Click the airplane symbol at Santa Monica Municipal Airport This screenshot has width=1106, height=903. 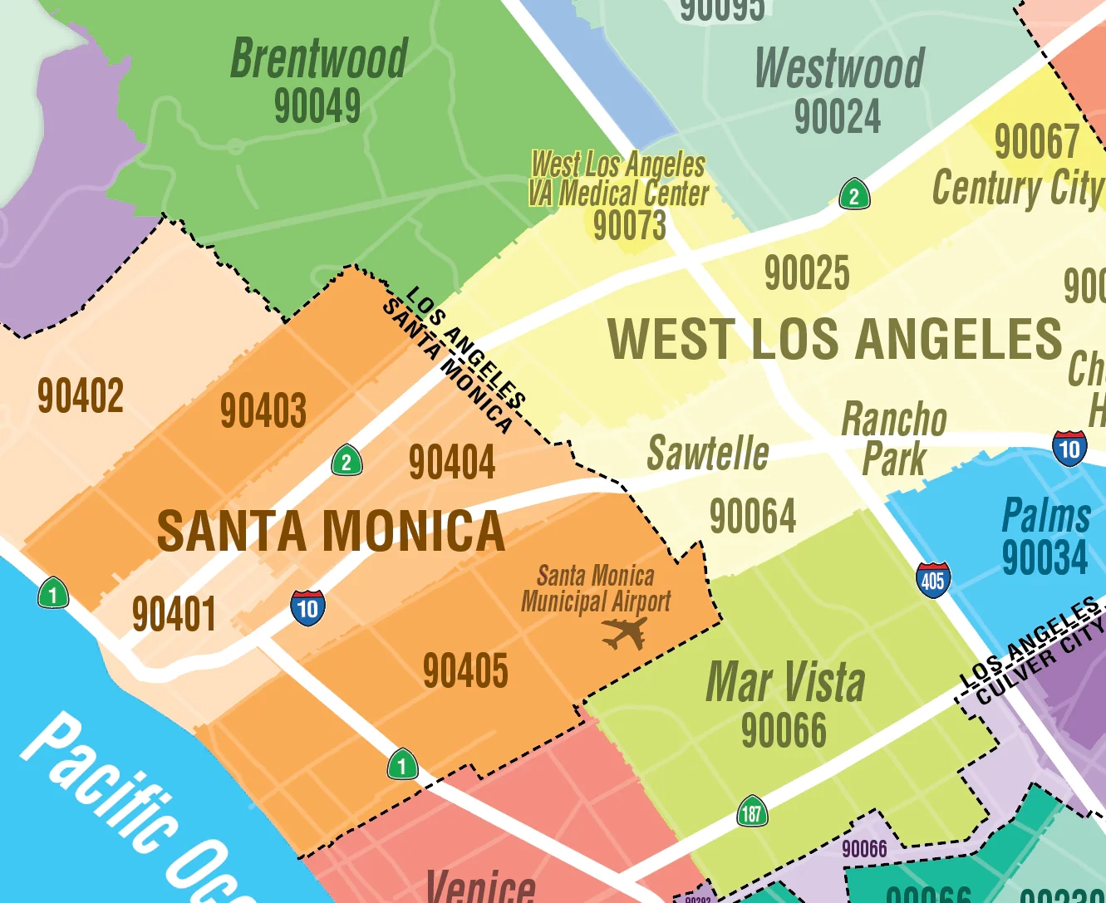click(x=624, y=634)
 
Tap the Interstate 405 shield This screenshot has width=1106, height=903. click(x=932, y=580)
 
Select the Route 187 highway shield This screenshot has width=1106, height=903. click(x=752, y=812)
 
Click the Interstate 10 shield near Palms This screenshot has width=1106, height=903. click(x=1069, y=449)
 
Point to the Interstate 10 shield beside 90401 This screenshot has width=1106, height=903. click(x=307, y=608)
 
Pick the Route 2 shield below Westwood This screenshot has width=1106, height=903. click(x=854, y=195)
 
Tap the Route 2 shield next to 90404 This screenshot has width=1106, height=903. click(x=347, y=461)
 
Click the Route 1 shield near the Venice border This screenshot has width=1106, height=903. click(x=403, y=764)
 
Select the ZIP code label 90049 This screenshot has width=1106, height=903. click(x=317, y=106)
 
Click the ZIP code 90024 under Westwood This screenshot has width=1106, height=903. click(x=838, y=116)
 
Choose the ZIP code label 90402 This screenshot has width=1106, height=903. click(x=81, y=395)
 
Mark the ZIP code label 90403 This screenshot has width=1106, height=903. click(x=263, y=410)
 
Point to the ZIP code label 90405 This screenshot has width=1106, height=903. click(x=465, y=670)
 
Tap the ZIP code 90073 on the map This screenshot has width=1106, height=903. click(x=630, y=225)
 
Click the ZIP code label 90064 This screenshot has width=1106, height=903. click(x=753, y=516)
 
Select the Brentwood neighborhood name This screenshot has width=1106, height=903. click(x=319, y=58)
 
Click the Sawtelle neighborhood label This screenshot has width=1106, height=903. click(x=708, y=454)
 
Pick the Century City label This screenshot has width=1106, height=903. click(x=1017, y=188)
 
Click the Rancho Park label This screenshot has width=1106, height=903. click(x=894, y=439)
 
